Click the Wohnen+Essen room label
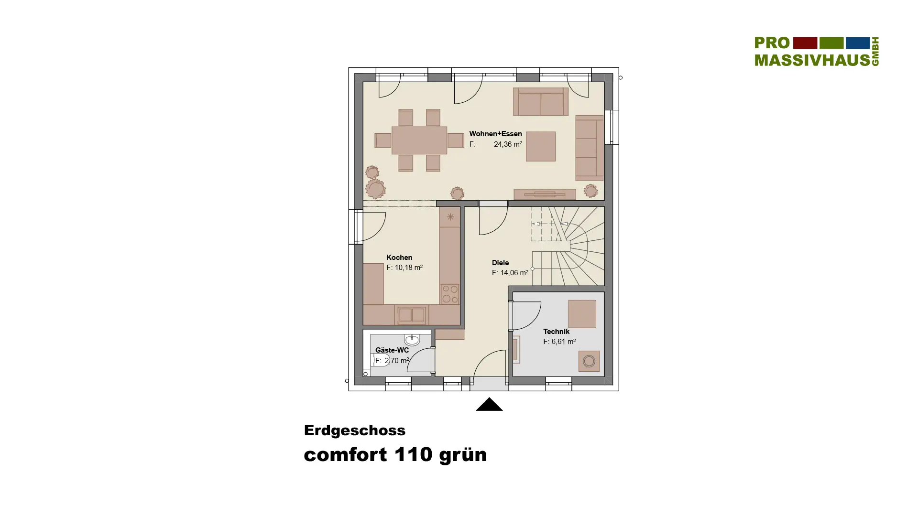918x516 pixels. [495, 134]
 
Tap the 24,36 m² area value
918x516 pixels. [508, 144]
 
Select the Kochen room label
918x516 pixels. [399, 258]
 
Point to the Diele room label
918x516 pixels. [500, 263]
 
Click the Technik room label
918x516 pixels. [556, 332]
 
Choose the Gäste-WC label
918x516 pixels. [392, 350]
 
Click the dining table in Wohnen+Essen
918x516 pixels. [419, 140]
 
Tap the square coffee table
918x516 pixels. [541, 146]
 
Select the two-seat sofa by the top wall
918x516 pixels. [541, 101]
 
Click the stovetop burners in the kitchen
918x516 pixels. [449, 294]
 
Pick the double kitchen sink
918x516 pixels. [412, 315]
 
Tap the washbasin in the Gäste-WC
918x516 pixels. [412, 340]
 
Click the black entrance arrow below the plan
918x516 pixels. [489, 404]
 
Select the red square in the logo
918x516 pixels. [805, 43]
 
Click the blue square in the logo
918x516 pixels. [858, 43]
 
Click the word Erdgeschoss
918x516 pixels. [355, 430]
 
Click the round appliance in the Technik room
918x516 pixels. [589, 361]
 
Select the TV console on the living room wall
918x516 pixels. [545, 194]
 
